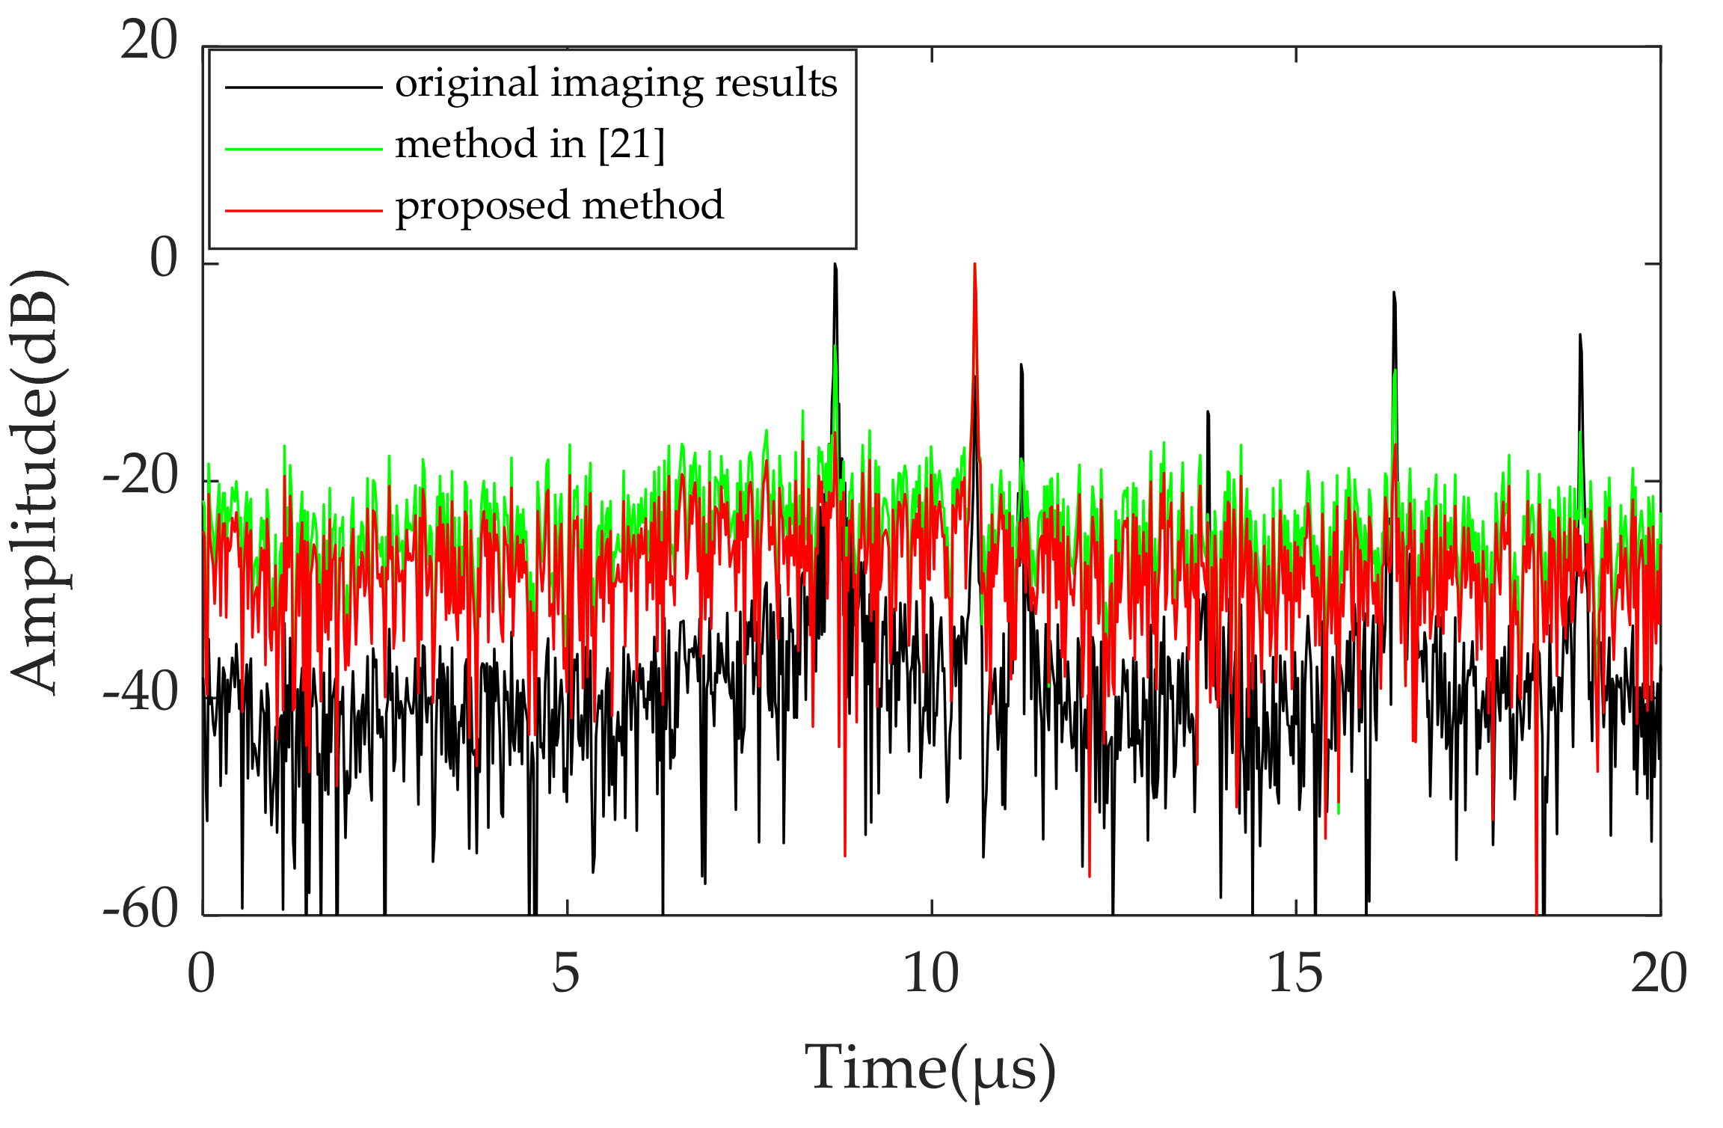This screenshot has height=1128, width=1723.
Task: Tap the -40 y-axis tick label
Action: pos(141,692)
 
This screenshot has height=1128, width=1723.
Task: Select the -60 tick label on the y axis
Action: pos(141,909)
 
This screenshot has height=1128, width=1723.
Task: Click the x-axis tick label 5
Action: pos(566,973)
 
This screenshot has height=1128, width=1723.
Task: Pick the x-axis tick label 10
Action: pos(931,973)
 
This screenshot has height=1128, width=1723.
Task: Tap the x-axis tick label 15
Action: pos(1295,973)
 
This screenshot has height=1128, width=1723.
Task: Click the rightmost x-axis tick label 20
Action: pos(1659,973)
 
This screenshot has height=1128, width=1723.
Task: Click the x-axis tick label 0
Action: pos(201,973)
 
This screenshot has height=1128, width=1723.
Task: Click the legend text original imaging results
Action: pos(615,84)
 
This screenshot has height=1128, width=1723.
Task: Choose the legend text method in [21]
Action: pos(529,144)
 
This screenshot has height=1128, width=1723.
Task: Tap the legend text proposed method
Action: pos(559,206)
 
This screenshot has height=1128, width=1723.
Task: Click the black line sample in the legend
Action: pos(304,88)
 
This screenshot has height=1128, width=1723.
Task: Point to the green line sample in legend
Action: pos(304,149)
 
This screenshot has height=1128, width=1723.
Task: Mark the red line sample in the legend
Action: pos(304,210)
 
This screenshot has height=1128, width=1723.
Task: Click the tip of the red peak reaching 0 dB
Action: pos(974,265)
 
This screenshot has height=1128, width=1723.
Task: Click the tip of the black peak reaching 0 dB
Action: pos(835,266)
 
